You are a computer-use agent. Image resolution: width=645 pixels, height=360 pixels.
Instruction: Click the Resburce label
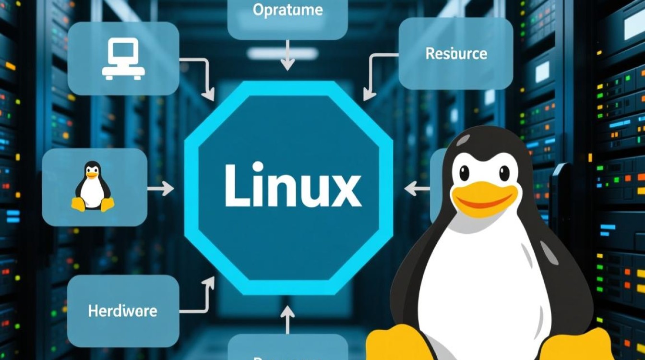[x=456, y=53]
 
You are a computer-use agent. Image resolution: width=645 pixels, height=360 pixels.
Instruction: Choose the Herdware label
[x=122, y=311]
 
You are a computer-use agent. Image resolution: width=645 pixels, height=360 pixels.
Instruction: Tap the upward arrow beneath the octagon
[x=287, y=319]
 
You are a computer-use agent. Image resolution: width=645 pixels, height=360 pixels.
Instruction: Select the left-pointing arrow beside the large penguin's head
[x=416, y=189]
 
